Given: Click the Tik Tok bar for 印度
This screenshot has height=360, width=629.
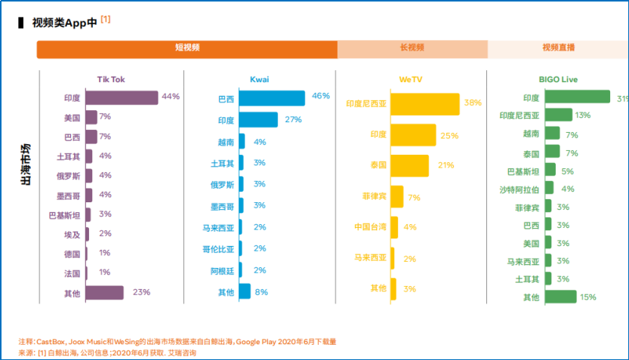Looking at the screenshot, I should click(122, 97).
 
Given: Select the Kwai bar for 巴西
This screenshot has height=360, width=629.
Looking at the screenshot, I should click(272, 98).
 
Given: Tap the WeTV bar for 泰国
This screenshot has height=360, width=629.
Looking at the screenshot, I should click(410, 165).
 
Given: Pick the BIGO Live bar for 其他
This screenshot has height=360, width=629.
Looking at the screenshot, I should click(561, 297).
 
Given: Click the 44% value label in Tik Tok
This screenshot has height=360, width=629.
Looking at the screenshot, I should click(171, 97).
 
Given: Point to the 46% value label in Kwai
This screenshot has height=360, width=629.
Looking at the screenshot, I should click(321, 97).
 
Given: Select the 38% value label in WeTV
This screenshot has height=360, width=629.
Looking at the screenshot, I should click(473, 103).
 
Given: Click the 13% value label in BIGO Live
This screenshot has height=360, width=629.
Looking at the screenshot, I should click(583, 115).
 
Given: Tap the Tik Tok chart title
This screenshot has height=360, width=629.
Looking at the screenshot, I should click(111, 79).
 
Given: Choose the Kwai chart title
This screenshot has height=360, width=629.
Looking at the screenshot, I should click(260, 79).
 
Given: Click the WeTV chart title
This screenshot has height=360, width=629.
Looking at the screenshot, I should click(411, 79).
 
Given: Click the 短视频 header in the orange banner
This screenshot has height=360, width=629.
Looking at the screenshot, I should click(187, 48).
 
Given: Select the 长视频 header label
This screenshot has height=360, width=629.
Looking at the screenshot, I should click(412, 48).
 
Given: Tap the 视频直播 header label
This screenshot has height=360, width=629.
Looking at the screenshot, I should click(558, 48).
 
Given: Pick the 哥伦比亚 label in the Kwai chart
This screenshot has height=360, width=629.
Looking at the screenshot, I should click(218, 249).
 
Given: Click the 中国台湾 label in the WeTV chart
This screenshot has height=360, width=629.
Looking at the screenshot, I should click(370, 227).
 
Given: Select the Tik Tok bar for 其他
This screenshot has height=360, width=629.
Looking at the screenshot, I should click(104, 292).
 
